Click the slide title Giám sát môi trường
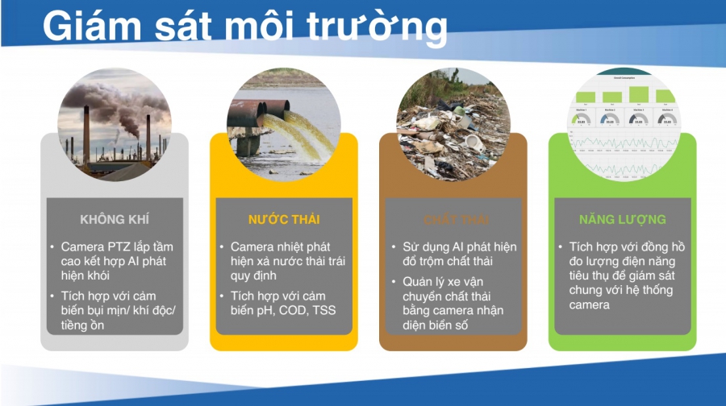(244, 27)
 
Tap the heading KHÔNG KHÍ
(115, 219)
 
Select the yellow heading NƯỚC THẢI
(283, 219)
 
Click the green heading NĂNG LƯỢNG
(622, 219)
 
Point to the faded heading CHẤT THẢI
(453, 219)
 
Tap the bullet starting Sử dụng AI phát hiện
(459, 254)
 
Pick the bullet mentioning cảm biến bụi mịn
(117, 311)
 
